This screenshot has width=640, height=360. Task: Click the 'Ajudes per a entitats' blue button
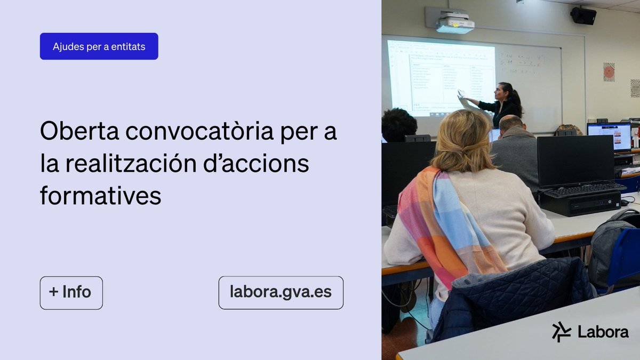pyautogui.click(x=99, y=46)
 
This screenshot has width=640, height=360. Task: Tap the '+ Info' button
pyautogui.click(x=71, y=292)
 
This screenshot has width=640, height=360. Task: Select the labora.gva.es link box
pyautogui.click(x=281, y=292)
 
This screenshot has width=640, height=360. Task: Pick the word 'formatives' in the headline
pyautogui.click(x=100, y=196)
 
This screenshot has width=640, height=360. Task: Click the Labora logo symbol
pyautogui.click(x=561, y=332)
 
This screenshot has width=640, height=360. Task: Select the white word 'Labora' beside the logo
pyautogui.click(x=603, y=332)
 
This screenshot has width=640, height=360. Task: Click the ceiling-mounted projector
pyautogui.click(x=455, y=24)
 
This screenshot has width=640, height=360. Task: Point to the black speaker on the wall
pyautogui.click(x=583, y=15)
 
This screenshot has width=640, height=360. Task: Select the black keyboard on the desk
pyautogui.click(x=584, y=190)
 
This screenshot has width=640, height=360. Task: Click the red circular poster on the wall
pyautogui.click(x=609, y=72)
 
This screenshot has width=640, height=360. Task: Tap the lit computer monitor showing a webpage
pyautogui.click(x=609, y=137)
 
